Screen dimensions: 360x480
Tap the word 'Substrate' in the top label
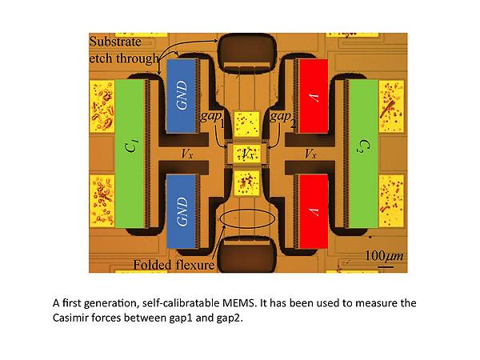pyautogui.click(x=115, y=42)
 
